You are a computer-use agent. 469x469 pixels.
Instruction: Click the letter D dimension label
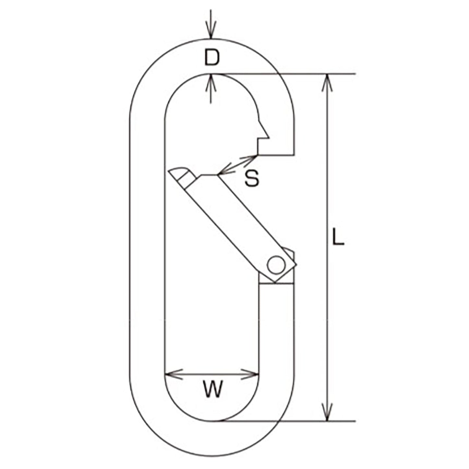(x=212, y=58)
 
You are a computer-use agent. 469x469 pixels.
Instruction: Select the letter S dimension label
(x=252, y=178)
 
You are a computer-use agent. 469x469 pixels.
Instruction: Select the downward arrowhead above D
(x=211, y=31)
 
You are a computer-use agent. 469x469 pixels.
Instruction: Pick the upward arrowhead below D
(x=211, y=83)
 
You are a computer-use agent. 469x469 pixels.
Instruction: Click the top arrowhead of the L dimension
(x=327, y=83)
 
